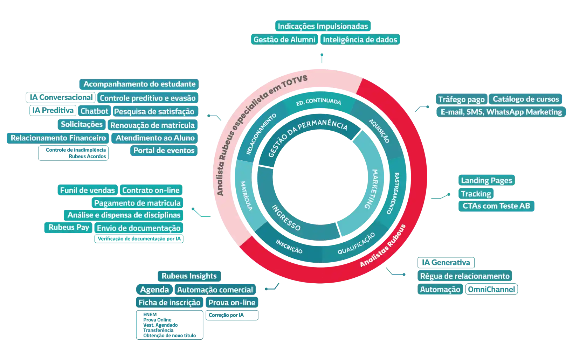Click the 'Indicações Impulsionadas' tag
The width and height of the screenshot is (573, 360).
click(323, 26)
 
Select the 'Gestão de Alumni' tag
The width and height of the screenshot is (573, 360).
click(284, 40)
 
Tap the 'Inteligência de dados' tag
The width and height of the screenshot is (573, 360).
click(360, 40)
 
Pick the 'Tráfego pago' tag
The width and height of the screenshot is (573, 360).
click(461, 99)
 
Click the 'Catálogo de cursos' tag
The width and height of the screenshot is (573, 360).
click(525, 99)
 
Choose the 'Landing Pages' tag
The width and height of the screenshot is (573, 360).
click(486, 181)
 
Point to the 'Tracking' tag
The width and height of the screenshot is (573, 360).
click(476, 194)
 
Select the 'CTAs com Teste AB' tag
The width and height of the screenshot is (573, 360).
click(496, 206)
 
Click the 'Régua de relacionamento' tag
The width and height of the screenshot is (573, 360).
click(464, 276)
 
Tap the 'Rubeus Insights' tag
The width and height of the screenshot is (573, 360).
click(189, 276)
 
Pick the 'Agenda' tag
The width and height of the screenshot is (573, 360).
click(154, 290)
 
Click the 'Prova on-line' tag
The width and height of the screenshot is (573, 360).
click(232, 303)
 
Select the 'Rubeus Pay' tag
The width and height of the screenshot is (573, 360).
click(69, 227)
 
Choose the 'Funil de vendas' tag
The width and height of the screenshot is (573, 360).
click(87, 190)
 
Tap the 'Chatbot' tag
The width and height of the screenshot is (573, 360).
click(94, 111)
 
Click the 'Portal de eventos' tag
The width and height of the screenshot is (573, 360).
click(164, 151)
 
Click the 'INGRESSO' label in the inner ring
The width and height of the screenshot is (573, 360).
click(286, 218)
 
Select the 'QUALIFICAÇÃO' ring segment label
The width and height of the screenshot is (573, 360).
click(356, 244)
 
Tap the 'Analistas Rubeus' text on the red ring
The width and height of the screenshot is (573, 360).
click(382, 246)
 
